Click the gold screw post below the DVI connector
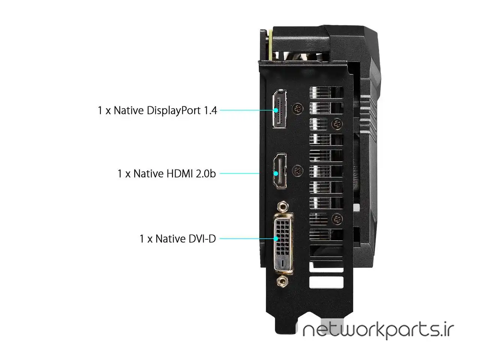pyautogui.click(x=282, y=281)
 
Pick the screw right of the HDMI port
pyautogui.click(x=298, y=171)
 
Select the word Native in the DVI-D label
pyautogui.click(x=171, y=238)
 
